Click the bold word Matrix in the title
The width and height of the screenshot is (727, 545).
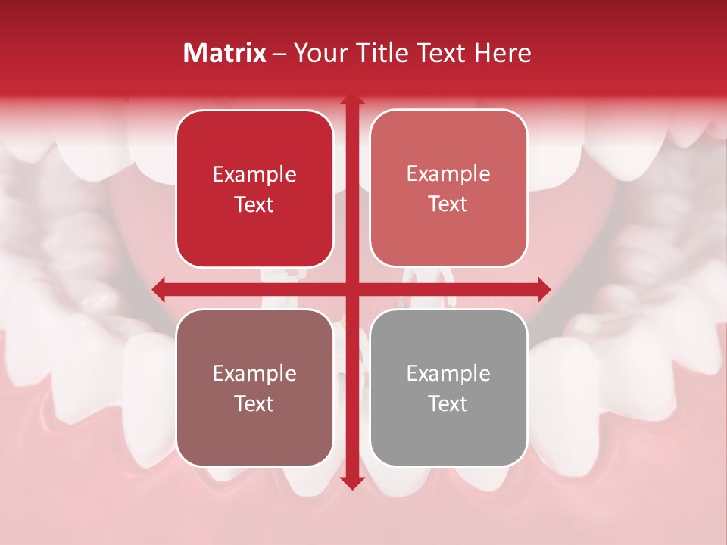point(225,53)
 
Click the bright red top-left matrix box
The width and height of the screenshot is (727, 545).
point(254,189)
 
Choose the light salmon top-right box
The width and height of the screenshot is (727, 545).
point(448,188)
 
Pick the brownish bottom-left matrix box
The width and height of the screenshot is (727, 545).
point(254,388)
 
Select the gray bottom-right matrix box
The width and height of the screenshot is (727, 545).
point(448,388)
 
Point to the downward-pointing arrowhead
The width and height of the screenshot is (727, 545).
point(351,482)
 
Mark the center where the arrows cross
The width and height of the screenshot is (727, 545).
point(351,288)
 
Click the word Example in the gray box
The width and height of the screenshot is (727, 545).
point(448,373)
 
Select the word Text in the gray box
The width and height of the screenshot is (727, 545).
point(448,403)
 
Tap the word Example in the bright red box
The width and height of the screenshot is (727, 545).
point(254,174)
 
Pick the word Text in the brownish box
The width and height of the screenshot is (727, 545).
point(254,403)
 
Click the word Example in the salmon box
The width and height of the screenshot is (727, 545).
point(448,173)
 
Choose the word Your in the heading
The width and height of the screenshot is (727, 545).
point(317,53)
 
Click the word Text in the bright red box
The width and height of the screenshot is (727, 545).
point(254,204)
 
